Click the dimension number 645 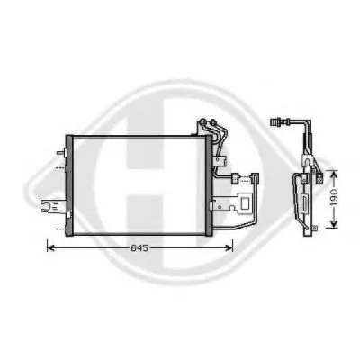pyautogui.click(x=139, y=248)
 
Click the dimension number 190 pyautogui.click(x=335, y=198)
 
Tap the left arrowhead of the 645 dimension pyautogui.click(x=51, y=248)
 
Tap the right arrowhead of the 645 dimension pyautogui.click(x=229, y=248)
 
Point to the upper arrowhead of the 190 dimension pyautogui.click(x=334, y=175)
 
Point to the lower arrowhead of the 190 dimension pyautogui.click(x=334, y=224)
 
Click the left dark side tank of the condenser pyautogui.click(x=69, y=185)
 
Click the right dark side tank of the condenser pyautogui.click(x=208, y=185)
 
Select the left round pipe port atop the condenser pyautogui.click(x=203, y=122)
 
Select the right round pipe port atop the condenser pyautogui.click(x=213, y=122)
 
